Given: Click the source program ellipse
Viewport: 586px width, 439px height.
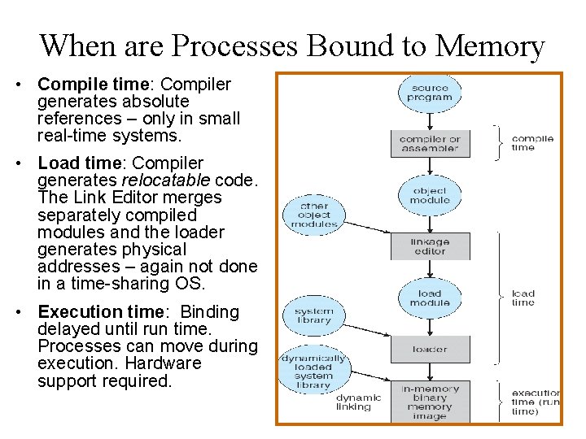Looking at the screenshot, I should [430, 93].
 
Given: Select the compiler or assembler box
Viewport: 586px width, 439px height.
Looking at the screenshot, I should [430, 144].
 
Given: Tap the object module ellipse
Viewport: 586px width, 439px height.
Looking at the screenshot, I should [430, 195].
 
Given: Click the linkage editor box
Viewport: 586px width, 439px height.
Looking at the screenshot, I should [430, 246].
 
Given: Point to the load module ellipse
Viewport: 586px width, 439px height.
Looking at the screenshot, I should [430, 298].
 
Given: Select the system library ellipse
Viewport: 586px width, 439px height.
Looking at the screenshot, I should [313, 315].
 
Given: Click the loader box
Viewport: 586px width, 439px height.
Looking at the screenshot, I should [430, 349].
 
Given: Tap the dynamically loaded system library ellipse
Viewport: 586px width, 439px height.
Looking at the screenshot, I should [313, 371].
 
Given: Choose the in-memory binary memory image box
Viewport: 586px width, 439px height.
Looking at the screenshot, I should [430, 401].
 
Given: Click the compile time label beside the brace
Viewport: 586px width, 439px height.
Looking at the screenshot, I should [532, 143].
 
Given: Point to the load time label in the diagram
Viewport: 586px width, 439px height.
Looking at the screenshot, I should [523, 298].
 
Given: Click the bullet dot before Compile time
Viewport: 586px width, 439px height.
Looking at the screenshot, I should [27, 85].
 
